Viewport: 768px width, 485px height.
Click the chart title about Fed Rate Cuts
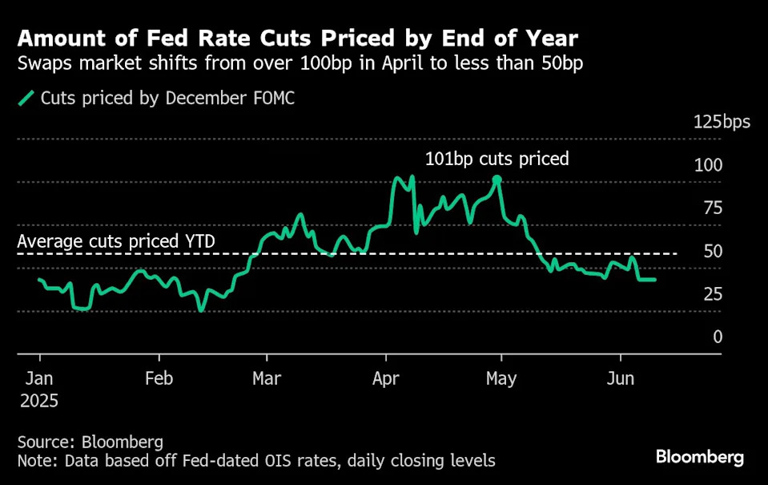[296, 38]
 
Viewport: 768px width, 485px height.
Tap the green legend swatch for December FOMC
[27, 99]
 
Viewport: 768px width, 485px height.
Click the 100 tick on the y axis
[708, 165]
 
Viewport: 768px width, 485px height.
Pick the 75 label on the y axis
[712, 208]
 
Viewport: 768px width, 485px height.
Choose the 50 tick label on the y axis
[712, 252]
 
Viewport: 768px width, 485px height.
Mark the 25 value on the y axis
[712, 295]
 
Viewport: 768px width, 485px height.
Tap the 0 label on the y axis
[718, 337]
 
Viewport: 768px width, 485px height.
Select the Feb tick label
[159, 378]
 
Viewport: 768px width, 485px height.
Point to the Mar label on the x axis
[267, 378]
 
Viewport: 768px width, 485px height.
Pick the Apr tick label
[386, 378]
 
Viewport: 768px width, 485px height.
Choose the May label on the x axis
[502, 378]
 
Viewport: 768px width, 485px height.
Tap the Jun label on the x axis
[621, 378]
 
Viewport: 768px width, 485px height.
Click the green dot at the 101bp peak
[497, 180]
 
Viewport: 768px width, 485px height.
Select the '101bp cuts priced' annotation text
[497, 159]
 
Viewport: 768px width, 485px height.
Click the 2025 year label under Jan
[38, 400]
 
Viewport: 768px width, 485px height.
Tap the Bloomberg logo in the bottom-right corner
[699, 458]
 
